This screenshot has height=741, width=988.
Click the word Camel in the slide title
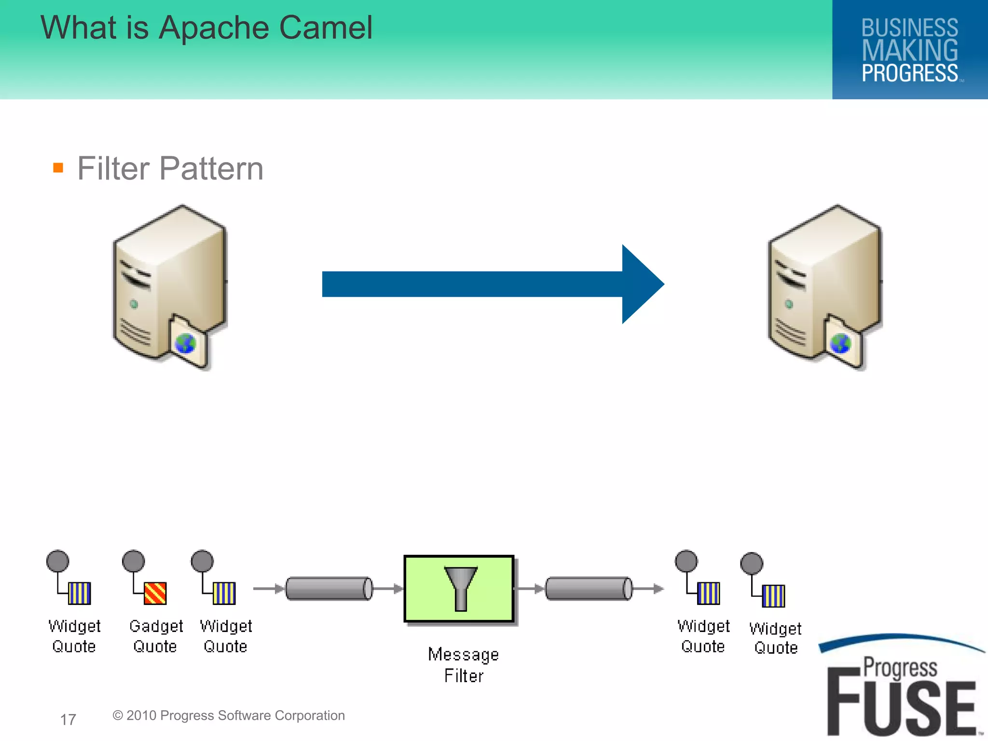point(326,27)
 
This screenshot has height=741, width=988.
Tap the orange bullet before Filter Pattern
point(58,168)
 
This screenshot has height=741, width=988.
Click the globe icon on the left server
point(185,344)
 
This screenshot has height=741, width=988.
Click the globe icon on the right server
point(840,344)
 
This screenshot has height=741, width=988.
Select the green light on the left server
point(134,304)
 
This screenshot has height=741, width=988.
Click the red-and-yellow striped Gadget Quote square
point(155,593)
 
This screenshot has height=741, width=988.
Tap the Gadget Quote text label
point(156,636)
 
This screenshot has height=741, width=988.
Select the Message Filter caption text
point(464,665)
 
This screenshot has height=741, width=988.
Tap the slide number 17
point(68,719)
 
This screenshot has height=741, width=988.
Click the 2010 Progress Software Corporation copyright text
point(229,715)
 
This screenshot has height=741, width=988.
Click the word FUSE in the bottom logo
point(901,706)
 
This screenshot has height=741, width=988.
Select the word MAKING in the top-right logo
point(910,51)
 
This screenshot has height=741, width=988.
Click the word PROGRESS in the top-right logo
point(910,73)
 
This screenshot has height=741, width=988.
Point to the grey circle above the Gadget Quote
point(134,561)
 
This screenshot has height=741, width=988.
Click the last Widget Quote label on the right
point(775,638)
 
